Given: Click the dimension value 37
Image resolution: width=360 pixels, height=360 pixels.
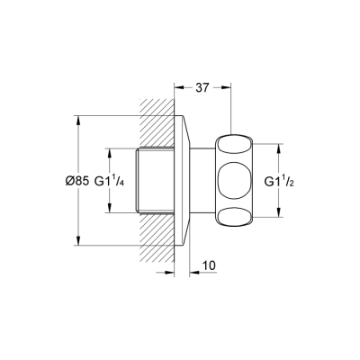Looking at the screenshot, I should coord(202,88).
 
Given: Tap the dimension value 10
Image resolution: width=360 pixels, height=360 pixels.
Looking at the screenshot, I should coord(208,266).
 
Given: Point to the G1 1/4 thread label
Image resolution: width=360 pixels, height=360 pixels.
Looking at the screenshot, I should coord(121,180).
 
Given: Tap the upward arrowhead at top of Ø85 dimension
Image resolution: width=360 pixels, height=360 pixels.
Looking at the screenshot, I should coord(77,119).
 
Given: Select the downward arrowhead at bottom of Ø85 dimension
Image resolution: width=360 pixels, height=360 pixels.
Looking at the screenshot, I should coord(77,241).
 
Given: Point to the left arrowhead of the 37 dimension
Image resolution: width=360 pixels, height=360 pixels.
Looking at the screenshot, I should coord(177,88).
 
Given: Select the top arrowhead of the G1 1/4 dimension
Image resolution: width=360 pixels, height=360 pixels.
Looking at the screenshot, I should coord(110,148).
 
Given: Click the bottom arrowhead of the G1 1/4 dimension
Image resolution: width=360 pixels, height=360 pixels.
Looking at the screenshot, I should coord(110,211).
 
